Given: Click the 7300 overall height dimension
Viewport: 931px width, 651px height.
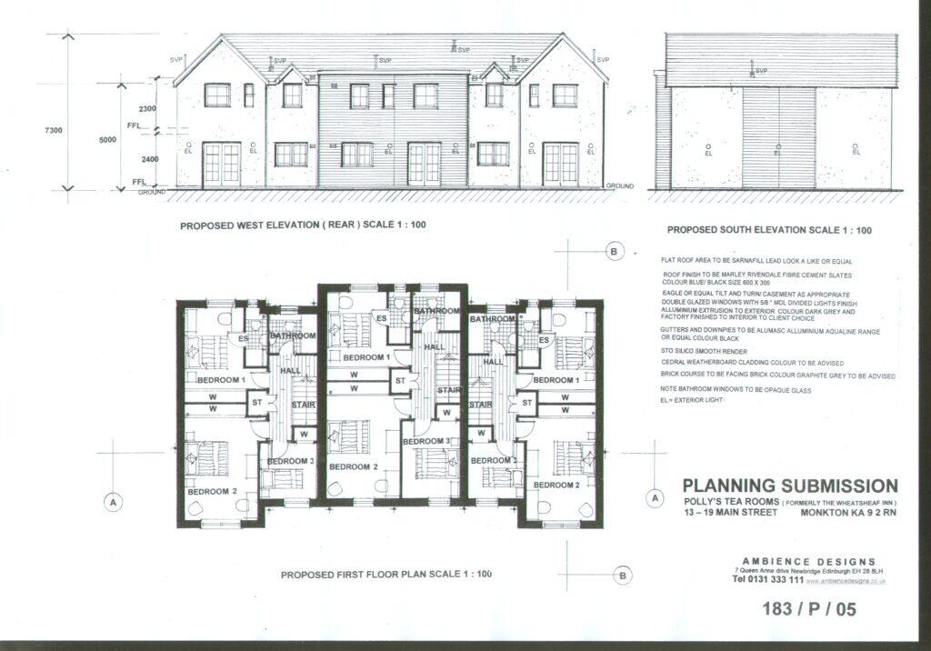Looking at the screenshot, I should click(55, 131).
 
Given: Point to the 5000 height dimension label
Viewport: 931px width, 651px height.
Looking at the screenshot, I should click(107, 139).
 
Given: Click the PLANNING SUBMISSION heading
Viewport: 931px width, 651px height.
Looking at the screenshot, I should click(789, 486).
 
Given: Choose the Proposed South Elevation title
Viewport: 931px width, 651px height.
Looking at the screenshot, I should click(769, 231).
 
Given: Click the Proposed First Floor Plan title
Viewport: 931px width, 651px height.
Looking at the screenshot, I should click(385, 575).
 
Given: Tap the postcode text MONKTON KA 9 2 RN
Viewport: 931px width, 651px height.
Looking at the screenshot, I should click(847, 513).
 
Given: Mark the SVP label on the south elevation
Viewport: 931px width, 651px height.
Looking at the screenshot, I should click(761, 71).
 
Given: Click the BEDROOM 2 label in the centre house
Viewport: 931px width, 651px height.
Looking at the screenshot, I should click(353, 466).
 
